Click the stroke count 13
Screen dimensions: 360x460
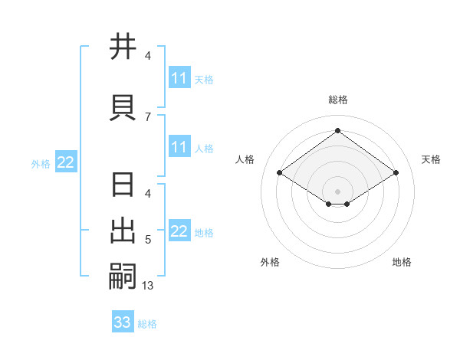(148, 286)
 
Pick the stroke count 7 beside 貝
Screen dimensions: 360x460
(148, 117)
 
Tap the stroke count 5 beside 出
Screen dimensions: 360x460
(148, 241)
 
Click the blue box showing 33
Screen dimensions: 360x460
(123, 322)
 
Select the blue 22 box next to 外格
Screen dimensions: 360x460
(66, 162)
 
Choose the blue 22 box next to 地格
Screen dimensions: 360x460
(179, 232)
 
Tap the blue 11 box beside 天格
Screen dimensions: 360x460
(179, 78)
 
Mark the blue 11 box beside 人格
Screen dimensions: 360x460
(179, 147)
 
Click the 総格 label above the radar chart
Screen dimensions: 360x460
(338, 100)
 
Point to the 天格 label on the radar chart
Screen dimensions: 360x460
(431, 159)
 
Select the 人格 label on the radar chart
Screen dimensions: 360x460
(245, 159)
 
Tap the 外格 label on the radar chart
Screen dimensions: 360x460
(270, 262)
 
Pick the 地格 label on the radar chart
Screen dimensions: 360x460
(402, 262)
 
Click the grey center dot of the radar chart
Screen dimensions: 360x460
(338, 191)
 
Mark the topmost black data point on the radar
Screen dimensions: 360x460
(338, 131)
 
